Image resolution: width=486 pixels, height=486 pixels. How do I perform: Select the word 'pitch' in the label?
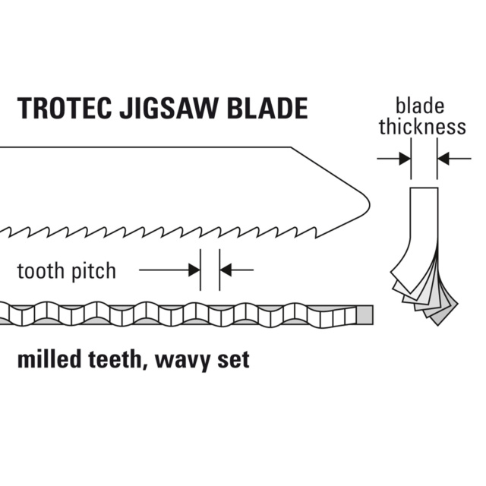pos(94,271)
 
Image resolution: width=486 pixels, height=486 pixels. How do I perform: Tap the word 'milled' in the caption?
pos(50,358)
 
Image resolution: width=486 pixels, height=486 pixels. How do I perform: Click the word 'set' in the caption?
pos(232,359)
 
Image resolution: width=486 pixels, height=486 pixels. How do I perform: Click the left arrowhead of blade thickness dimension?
pos(403,159)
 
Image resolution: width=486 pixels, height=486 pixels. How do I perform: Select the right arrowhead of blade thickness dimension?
pos(444,159)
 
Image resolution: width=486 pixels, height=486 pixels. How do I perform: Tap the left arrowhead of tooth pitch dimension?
pos(194,269)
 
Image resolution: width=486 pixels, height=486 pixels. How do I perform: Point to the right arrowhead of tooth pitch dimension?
pos(226,269)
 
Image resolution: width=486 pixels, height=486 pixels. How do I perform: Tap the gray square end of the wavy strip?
pos(364,314)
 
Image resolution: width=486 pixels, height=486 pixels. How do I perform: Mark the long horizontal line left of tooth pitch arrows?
pos(163,269)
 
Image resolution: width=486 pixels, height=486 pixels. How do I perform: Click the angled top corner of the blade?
pos(292,147)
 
